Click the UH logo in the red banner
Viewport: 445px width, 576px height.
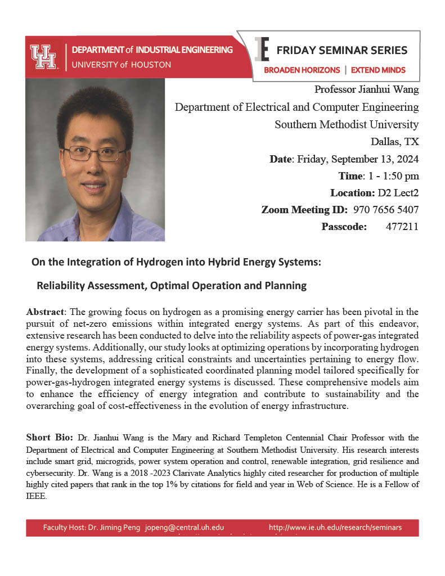pyautogui.click(x=44, y=57)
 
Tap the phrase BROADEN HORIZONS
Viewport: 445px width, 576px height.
pyautogui.click(x=302, y=70)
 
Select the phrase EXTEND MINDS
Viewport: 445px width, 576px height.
pyautogui.click(x=378, y=70)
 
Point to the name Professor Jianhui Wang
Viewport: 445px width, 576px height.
pyautogui.click(x=367, y=89)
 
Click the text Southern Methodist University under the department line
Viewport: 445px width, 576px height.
pyautogui.click(x=347, y=124)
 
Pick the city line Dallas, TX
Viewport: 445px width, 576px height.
pyautogui.click(x=394, y=141)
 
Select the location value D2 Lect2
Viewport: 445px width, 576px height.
pyautogui.click(x=398, y=193)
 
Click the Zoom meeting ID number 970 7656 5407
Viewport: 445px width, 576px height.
pyautogui.click(x=386, y=210)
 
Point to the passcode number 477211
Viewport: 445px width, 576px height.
pyautogui.click(x=402, y=227)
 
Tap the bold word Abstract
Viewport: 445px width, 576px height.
pyautogui.click(x=46, y=312)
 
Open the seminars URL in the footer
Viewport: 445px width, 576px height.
pyautogui.click(x=335, y=528)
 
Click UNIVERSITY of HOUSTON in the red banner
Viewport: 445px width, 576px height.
pyautogui.click(x=121, y=65)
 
